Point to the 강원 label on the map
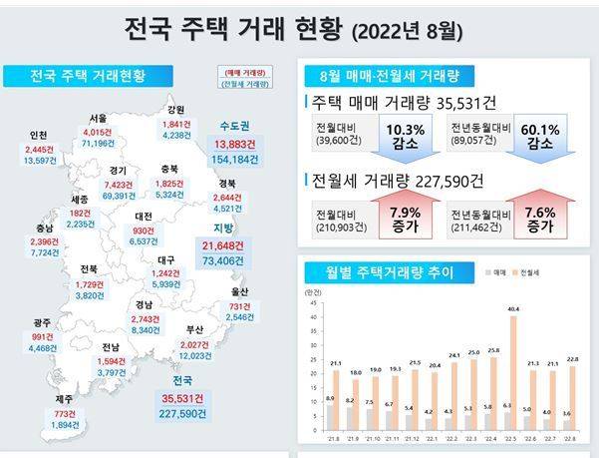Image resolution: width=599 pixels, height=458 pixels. click(x=175, y=110)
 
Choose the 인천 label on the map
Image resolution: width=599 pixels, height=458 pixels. click(x=40, y=136)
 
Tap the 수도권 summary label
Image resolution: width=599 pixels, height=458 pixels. click(x=237, y=126)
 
